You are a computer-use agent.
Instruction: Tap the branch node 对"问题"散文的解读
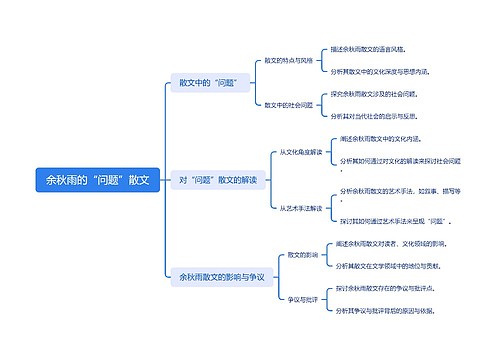(x=217, y=180)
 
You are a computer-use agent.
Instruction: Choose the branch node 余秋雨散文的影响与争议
(x=221, y=276)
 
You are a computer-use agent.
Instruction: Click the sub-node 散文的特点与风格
(x=288, y=60)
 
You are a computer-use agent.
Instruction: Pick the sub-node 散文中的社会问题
(x=288, y=104)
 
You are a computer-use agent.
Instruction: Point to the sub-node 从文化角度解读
(x=300, y=152)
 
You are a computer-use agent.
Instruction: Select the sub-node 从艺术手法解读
(x=300, y=208)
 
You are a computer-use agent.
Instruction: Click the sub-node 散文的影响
(x=302, y=255)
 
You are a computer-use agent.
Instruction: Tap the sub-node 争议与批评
(x=302, y=299)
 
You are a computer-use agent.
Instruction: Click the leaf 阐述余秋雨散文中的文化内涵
(x=384, y=138)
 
